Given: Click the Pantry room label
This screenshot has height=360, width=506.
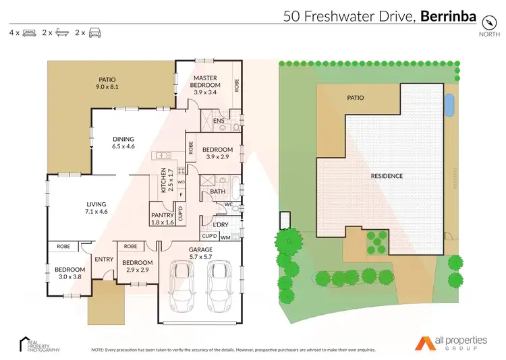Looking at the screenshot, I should coord(163,218).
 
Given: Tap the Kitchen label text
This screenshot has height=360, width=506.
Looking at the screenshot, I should coord(163,181).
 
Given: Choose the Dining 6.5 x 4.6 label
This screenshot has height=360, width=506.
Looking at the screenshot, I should coord(123,142).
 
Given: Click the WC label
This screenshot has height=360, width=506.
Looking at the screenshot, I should coord(228,204).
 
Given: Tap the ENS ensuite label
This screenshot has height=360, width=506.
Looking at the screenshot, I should coord(219,121).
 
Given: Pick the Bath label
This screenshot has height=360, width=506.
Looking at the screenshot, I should coord(217,191).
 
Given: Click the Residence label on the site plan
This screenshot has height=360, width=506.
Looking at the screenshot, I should coord(387,176).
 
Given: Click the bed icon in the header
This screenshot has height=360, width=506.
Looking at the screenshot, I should coord(29,32).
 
